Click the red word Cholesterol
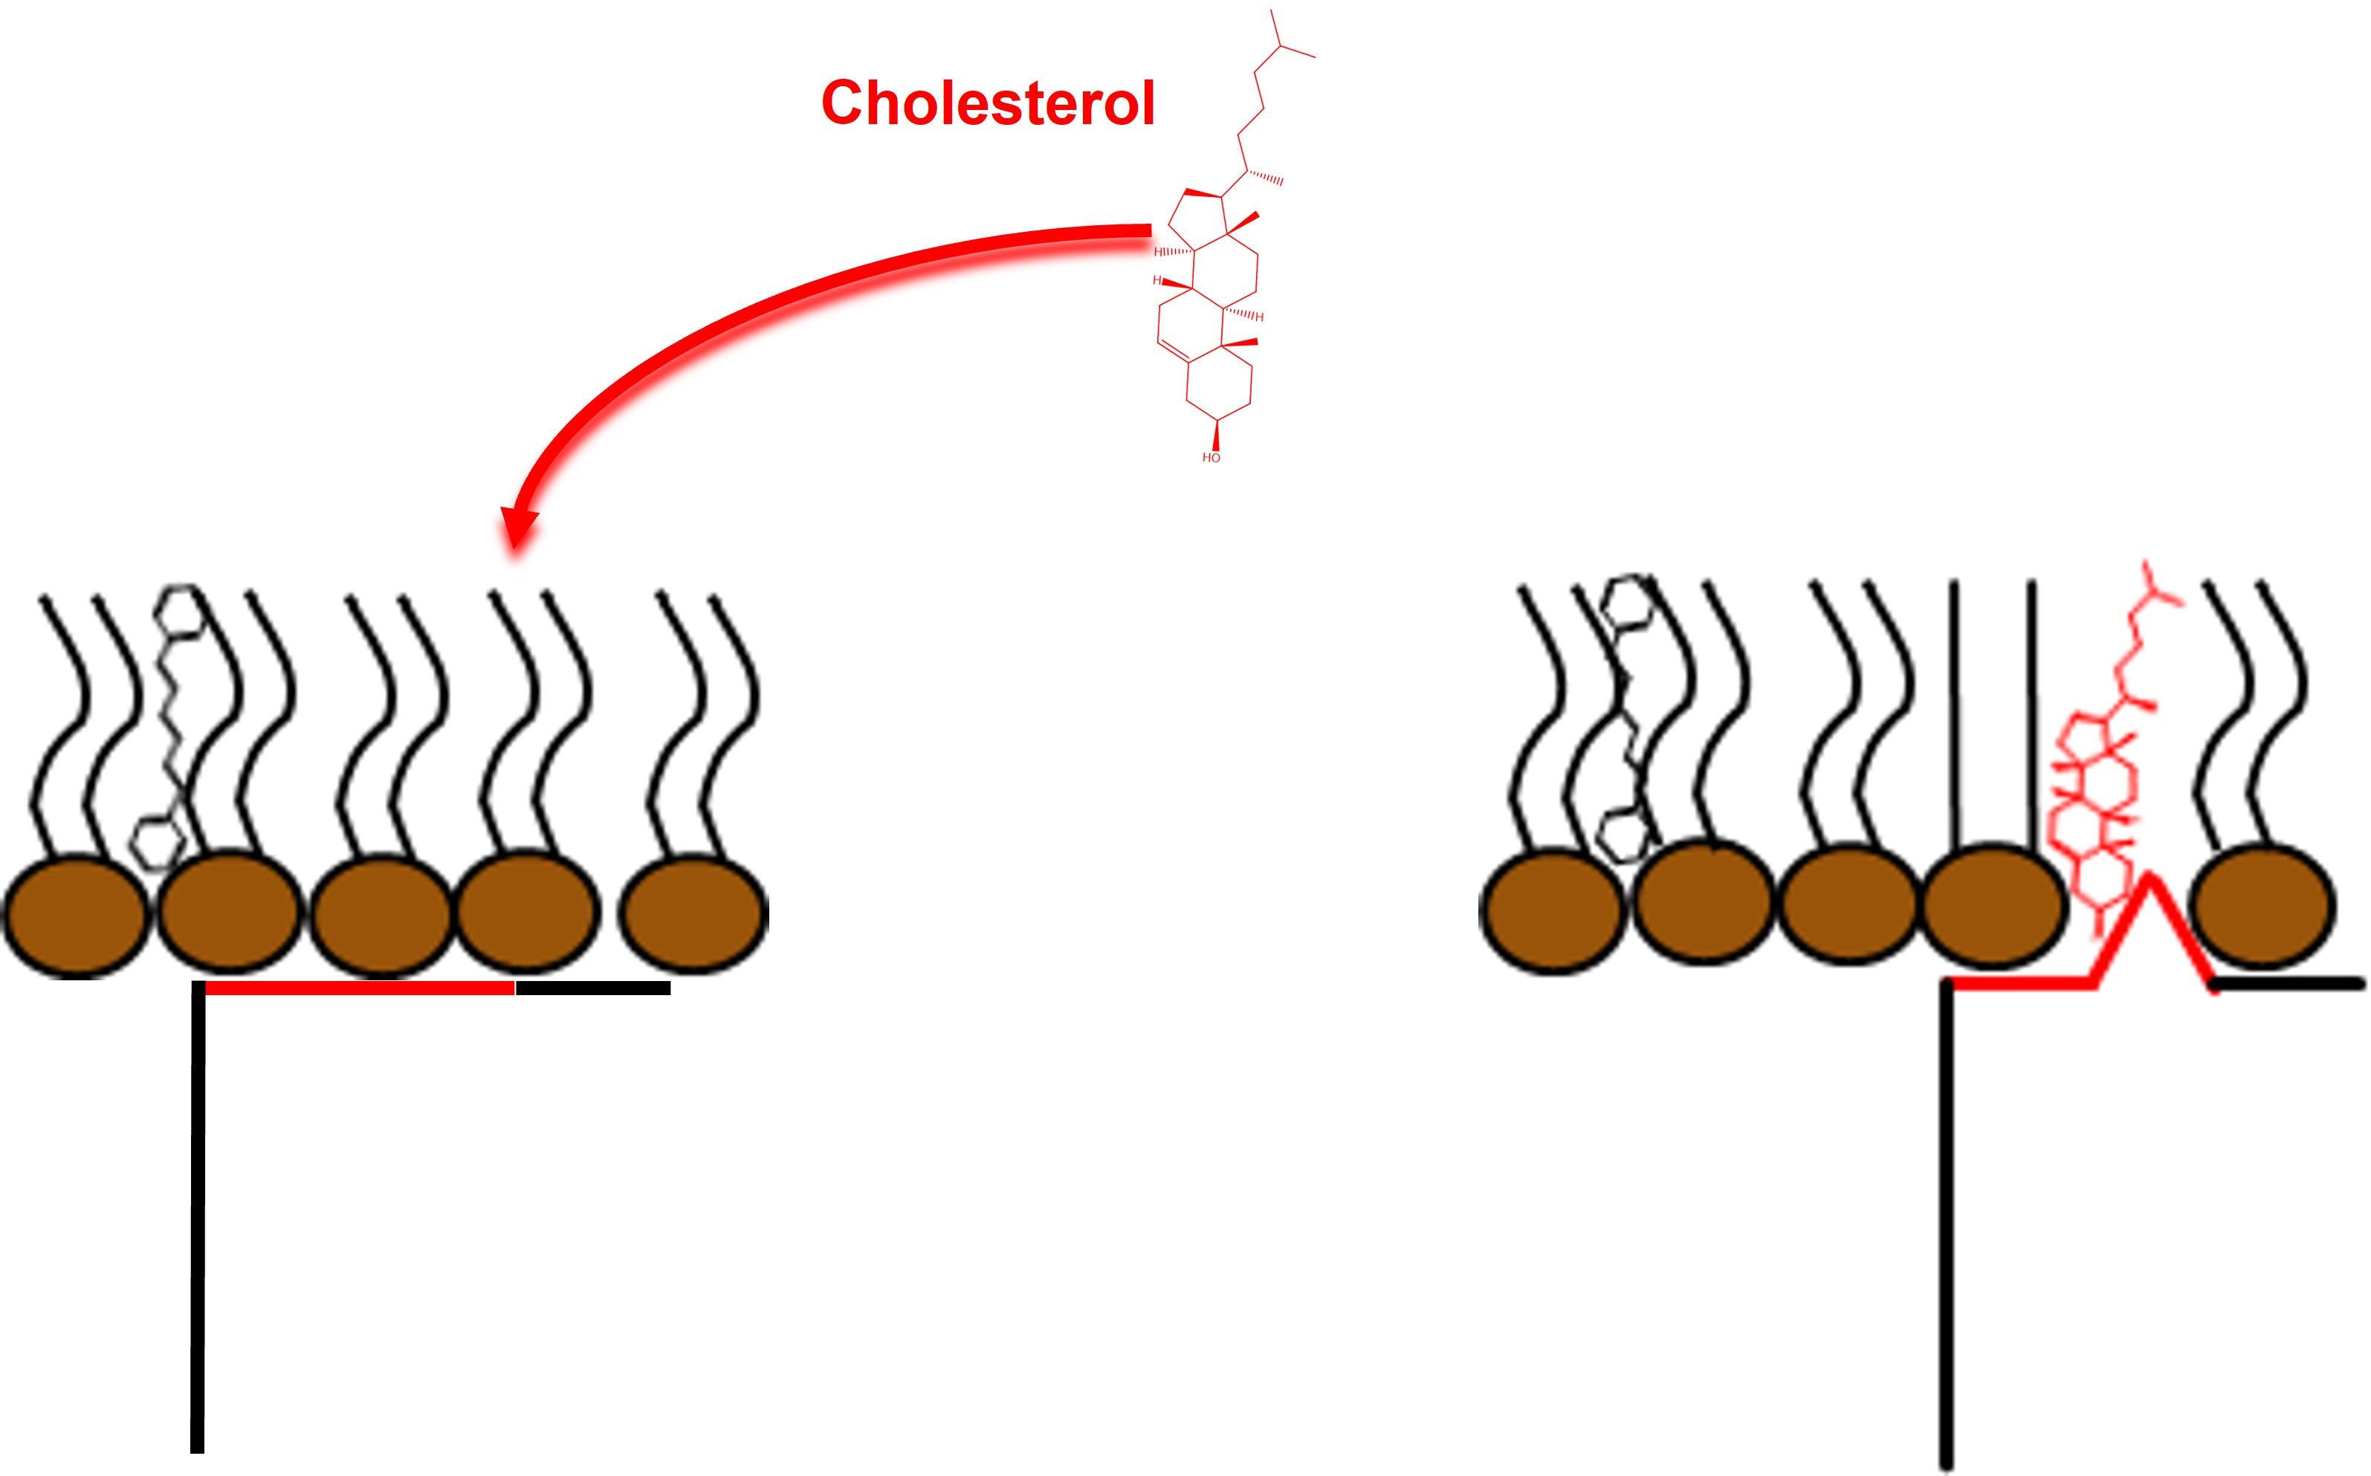(988, 103)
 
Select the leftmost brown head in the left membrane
(76, 915)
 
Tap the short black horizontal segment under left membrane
(592, 988)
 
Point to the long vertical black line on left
(198, 1220)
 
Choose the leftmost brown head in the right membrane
(1552, 910)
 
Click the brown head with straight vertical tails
(1994, 906)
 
